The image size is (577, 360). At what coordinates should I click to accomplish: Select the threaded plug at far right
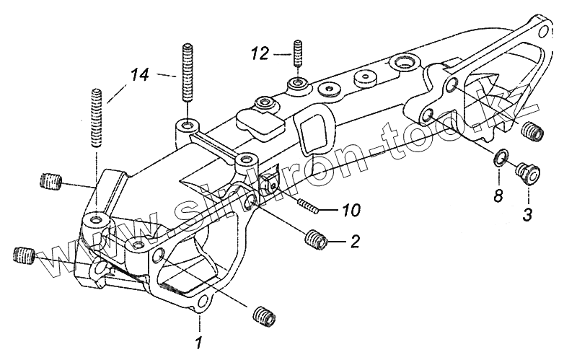click(x=532, y=132)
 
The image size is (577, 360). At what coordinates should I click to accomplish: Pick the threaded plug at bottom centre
click(x=263, y=315)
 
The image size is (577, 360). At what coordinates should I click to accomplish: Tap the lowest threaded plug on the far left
click(x=24, y=255)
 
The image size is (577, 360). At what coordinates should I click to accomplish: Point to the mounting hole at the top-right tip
click(x=540, y=31)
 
